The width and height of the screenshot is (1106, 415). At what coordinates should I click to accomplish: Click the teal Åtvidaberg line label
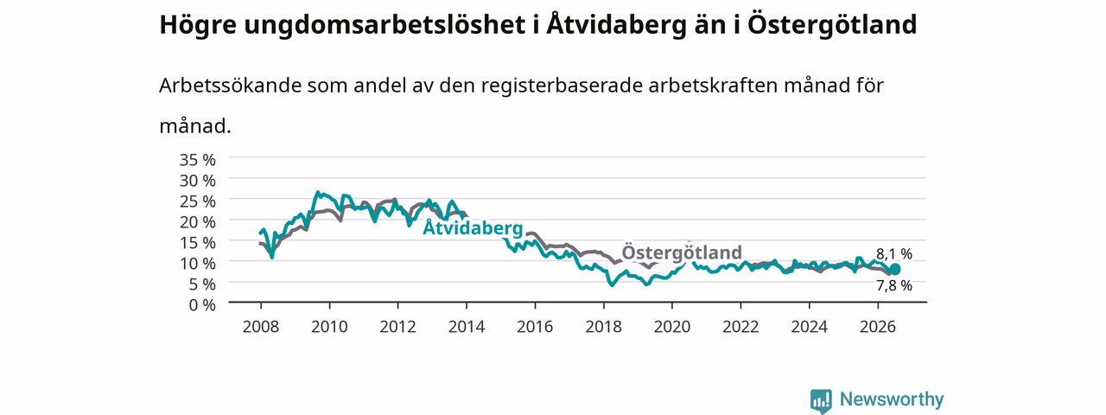[473, 227]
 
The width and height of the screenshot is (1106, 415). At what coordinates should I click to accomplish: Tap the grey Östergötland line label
[682, 252]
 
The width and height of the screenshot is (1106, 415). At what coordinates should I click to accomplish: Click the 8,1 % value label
[894, 254]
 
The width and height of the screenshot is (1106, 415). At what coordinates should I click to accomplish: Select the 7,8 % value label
[894, 285]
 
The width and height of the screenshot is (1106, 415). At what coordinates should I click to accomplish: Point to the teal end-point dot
[894, 269]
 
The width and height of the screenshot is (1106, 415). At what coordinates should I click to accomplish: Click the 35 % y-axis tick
[198, 160]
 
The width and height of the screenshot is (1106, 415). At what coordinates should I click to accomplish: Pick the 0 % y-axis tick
[202, 305]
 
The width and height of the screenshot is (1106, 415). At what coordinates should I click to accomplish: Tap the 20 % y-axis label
[198, 222]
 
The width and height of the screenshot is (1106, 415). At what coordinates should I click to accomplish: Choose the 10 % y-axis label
[198, 264]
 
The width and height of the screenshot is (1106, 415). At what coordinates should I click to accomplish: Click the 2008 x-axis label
[261, 327]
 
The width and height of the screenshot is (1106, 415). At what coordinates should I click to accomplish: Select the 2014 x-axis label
[467, 327]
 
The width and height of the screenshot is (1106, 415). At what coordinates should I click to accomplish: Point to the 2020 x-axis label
[672, 327]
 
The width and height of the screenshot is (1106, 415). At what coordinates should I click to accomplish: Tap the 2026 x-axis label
[878, 327]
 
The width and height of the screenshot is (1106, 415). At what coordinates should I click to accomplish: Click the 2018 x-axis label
[603, 327]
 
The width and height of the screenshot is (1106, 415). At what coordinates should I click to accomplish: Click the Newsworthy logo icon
[821, 400]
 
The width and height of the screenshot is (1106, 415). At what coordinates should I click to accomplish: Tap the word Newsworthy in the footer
[892, 399]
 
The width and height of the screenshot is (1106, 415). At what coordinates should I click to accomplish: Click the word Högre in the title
[198, 25]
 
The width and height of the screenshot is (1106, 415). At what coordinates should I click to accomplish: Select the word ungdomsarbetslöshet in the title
[385, 25]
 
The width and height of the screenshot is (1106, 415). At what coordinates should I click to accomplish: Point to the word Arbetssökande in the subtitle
[230, 86]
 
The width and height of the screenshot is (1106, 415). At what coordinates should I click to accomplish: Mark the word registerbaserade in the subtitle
[562, 86]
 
